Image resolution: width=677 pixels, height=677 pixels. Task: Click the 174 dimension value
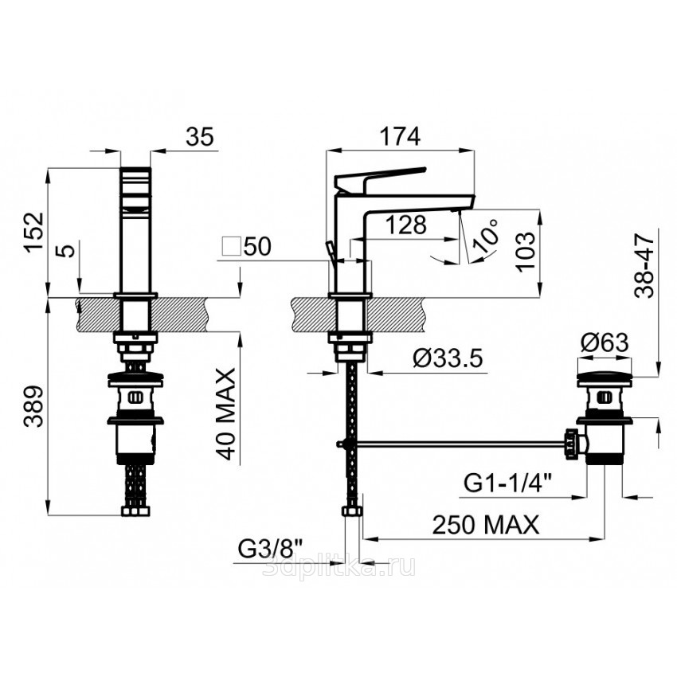(x=400, y=136)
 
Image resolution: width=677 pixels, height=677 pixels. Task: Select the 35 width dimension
(x=200, y=136)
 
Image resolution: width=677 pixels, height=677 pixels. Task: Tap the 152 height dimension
(x=34, y=233)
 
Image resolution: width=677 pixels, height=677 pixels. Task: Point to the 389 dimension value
(x=34, y=406)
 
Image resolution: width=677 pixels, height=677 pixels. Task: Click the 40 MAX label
(x=226, y=413)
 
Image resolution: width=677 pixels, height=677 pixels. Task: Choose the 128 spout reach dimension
(x=406, y=225)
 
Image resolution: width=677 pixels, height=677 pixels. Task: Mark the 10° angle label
(x=486, y=234)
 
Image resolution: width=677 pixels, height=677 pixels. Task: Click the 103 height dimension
(x=526, y=252)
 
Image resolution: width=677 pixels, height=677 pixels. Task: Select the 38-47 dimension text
(x=644, y=265)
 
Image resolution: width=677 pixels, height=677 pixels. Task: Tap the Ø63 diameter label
(x=605, y=342)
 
